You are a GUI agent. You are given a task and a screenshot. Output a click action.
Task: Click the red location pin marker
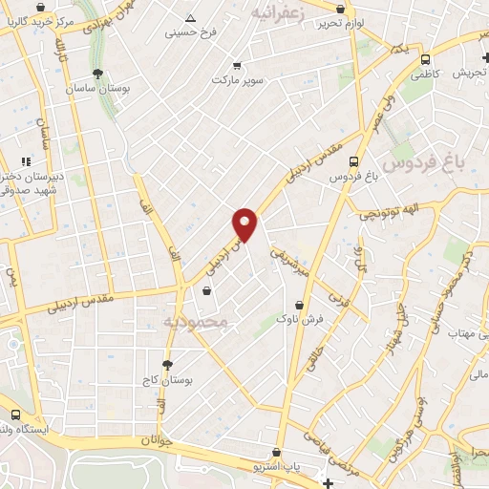click(x=245, y=223)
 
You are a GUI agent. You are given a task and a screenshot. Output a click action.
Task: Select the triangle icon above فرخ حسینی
click(x=190, y=18)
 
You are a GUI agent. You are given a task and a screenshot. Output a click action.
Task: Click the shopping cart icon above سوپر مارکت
click(x=237, y=66)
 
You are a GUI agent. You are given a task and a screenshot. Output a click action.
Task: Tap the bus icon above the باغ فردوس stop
click(x=354, y=161)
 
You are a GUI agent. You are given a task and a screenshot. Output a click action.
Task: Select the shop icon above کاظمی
click(x=420, y=56)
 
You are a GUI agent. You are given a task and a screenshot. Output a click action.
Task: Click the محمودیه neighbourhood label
click(x=198, y=323)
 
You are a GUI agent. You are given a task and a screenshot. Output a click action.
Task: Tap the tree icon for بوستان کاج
click(x=168, y=364)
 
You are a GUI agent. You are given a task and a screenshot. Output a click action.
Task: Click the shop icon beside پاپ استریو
click(x=276, y=452)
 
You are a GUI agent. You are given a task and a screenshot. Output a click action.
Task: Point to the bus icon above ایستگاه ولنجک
click(x=14, y=415)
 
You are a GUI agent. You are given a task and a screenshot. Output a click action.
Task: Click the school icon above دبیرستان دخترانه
click(x=26, y=161)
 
